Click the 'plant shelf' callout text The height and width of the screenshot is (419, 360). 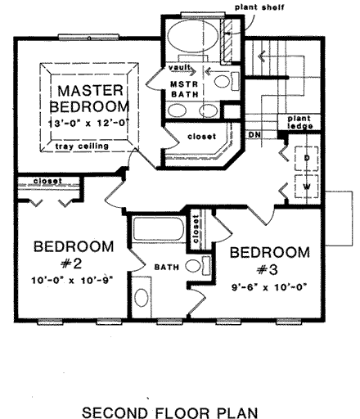259,7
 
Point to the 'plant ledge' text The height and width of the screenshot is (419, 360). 298,125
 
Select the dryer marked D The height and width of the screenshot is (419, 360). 306,157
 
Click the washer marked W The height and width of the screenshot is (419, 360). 306,186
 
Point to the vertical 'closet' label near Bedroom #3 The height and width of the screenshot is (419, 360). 196,232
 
